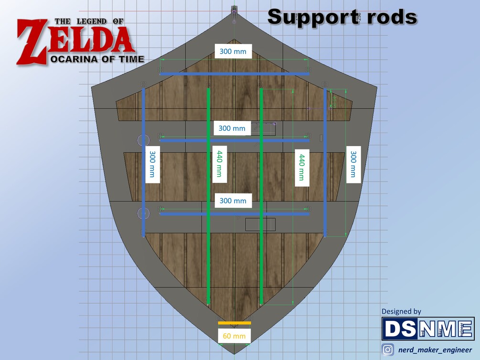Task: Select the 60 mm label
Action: (234, 336)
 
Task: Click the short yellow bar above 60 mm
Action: (234, 323)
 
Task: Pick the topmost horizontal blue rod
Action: (234, 74)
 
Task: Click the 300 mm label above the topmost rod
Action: (233, 51)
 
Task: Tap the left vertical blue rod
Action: (143, 162)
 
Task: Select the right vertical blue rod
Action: (325, 162)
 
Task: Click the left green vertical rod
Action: (208, 196)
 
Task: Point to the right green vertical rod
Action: (261, 196)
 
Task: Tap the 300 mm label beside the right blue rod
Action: (353, 164)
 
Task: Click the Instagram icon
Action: (388, 350)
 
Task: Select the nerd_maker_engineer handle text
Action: (435, 350)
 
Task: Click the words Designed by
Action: (401, 311)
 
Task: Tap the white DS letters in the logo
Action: (400, 329)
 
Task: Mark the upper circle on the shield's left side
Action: (144, 140)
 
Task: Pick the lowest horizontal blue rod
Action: (234, 214)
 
